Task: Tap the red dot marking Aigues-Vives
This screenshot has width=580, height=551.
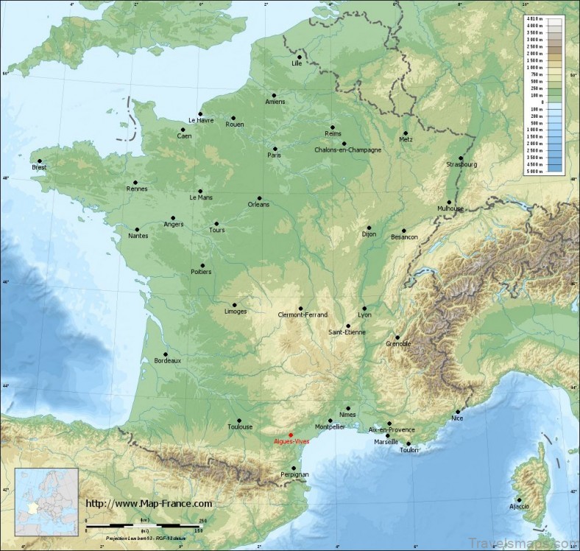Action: pos(291,435)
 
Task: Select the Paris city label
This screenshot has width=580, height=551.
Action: pos(274,155)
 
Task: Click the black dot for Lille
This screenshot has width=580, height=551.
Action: pos(300,57)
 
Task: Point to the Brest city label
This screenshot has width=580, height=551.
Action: pos(39,168)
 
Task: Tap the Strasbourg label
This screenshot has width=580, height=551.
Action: pos(461,164)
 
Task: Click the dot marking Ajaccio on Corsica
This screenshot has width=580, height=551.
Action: pos(519,499)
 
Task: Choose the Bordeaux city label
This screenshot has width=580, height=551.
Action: pos(168,360)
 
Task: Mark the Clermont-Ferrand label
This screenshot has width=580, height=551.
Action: pos(303,315)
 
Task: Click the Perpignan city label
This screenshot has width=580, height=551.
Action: pos(294,475)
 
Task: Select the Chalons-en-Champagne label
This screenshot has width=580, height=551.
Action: pos(347,150)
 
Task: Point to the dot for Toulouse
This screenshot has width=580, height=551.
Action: pos(239,419)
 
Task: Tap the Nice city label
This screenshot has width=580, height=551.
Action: pos(458,418)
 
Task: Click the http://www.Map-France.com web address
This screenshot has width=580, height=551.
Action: pos(149,504)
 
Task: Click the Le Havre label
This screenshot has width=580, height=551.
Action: pos(200,120)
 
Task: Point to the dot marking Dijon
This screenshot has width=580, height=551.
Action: pos(369,228)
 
